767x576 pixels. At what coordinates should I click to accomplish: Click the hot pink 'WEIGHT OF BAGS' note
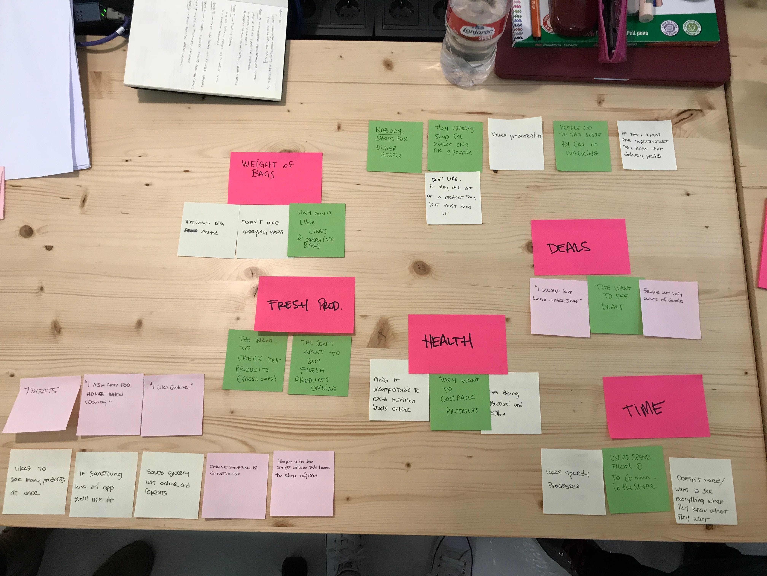[x=275, y=178]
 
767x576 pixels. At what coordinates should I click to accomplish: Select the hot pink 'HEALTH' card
[x=457, y=344]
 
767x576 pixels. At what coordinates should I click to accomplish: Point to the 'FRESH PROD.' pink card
[x=304, y=304]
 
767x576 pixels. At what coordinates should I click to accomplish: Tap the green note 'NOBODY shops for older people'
[x=394, y=146]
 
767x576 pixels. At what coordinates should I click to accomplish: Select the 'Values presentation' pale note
[x=516, y=143]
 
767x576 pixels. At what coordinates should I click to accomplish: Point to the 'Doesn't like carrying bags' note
[x=262, y=231]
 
